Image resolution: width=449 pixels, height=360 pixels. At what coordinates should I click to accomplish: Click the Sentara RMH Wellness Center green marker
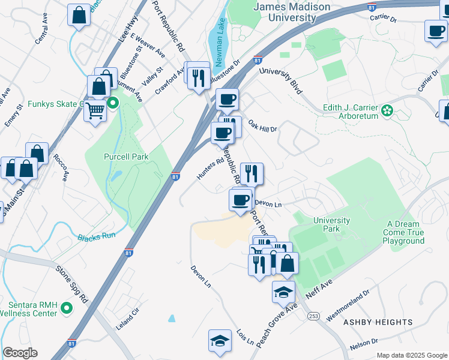click(x=66, y=308)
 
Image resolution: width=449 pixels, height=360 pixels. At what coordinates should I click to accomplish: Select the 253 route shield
click(x=313, y=316)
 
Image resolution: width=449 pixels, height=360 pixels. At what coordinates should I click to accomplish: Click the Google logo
click(x=20, y=353)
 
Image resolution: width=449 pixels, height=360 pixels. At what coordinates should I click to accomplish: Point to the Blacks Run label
click(x=96, y=236)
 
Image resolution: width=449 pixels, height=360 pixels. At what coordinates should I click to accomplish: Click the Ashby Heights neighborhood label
click(x=378, y=322)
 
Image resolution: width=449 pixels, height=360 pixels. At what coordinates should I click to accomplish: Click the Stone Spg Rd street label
click(x=71, y=282)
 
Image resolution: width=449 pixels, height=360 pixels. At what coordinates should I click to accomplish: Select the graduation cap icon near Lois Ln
click(x=220, y=340)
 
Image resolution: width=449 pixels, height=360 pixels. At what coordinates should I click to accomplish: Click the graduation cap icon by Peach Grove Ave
click(x=283, y=292)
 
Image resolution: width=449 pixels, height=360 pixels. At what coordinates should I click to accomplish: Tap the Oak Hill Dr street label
click(x=262, y=125)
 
